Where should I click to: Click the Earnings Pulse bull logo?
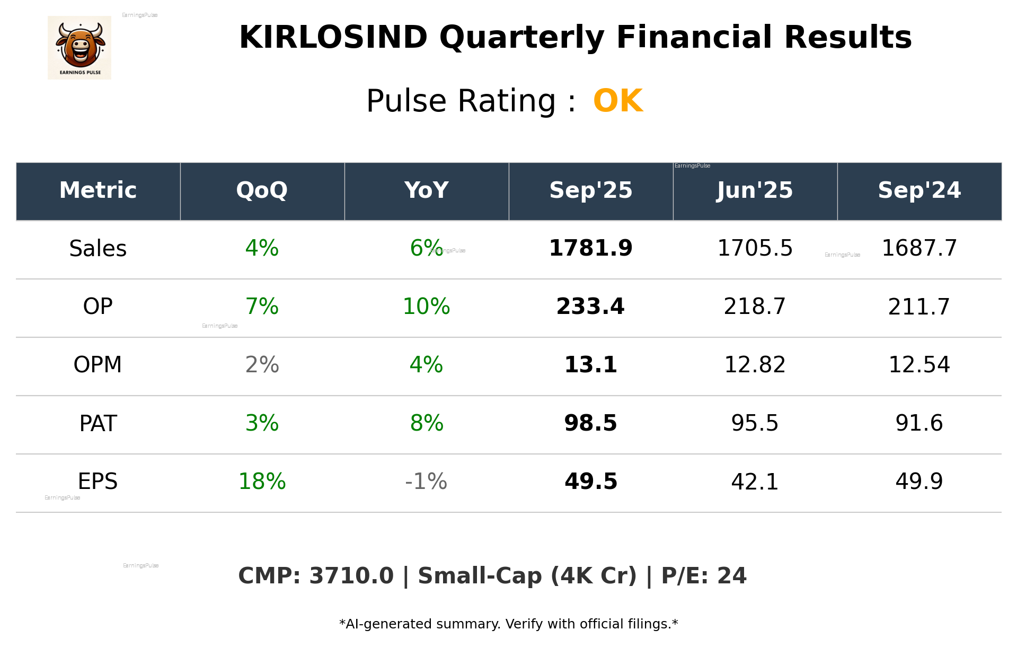coord(79,48)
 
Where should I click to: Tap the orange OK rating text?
coord(618,101)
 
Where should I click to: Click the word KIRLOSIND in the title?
coord(333,38)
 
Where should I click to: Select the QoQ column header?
coord(262,190)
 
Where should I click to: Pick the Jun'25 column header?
coord(755,190)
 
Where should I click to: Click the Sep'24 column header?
coord(919,190)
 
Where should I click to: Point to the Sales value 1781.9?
coord(590,248)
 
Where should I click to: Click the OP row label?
coord(98,307)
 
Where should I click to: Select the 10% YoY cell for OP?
coord(426,307)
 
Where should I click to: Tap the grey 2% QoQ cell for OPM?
coord(262,365)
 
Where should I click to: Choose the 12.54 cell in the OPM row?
coord(919,365)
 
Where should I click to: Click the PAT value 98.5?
coord(590,423)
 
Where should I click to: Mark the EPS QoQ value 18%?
coord(262,482)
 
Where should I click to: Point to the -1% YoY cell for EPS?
coord(426,482)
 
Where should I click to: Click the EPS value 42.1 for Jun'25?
coord(755,482)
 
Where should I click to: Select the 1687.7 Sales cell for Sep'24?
coord(919,248)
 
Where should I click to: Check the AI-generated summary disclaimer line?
coord(508,624)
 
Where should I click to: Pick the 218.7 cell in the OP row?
coord(755,307)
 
